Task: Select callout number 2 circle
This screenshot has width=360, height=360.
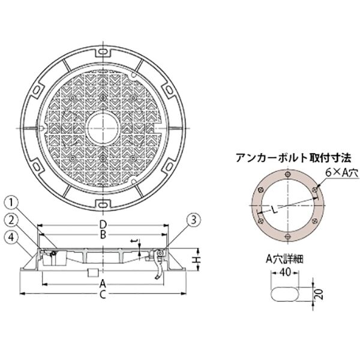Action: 11,220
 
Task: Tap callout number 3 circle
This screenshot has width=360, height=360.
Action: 194,220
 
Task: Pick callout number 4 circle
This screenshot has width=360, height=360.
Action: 11,237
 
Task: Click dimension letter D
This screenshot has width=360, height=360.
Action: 103,225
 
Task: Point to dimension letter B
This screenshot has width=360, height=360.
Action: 103,235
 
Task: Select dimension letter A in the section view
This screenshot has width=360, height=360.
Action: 103,284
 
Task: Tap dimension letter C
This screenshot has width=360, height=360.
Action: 103,294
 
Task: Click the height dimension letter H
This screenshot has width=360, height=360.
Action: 197,260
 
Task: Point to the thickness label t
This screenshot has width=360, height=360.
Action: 135,241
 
